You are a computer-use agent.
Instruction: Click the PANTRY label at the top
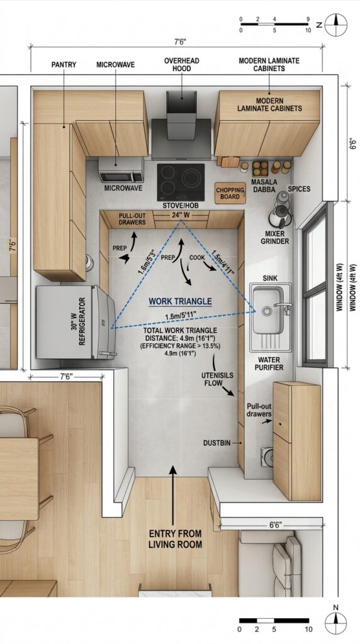coord(63,65)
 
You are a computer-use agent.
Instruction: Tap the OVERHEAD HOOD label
coord(181,65)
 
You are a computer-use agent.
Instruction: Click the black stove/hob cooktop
coord(181,181)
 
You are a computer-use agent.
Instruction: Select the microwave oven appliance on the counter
coord(120,170)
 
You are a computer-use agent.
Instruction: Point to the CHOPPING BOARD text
coord(230,193)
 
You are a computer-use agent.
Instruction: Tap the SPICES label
coord(299,189)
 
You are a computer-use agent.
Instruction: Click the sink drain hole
coord(267,311)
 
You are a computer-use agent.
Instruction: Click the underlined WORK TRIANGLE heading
coord(180,301)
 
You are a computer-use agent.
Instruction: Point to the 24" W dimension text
coord(181,214)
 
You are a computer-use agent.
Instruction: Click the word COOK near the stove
coord(197,257)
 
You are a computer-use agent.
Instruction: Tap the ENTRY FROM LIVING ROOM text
coord(176,538)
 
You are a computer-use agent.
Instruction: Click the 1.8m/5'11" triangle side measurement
coord(179,316)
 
